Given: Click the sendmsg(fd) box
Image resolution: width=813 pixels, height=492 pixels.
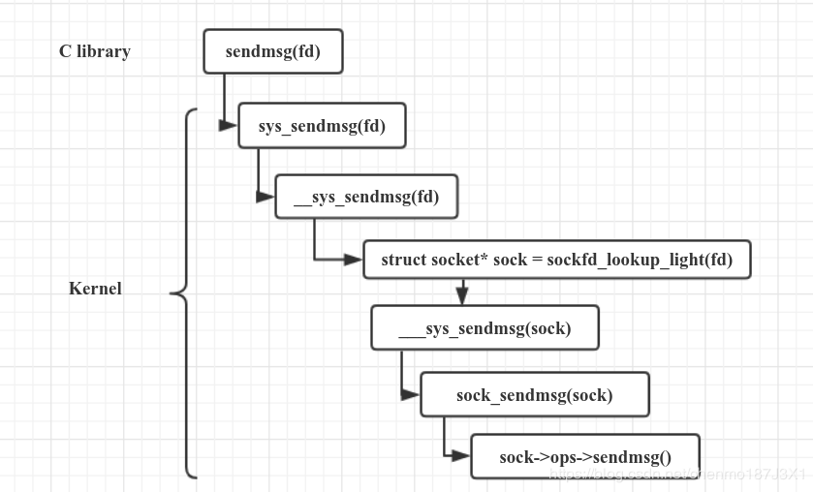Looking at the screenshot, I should [x=272, y=51].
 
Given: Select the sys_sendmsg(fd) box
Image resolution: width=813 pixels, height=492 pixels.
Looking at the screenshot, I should [x=322, y=126].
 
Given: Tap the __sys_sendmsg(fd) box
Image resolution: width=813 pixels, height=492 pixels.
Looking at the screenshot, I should [x=366, y=197].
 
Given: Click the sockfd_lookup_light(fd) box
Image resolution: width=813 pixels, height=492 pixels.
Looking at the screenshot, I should [x=556, y=260].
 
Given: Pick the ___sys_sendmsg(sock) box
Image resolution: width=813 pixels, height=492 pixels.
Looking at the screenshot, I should [x=485, y=328].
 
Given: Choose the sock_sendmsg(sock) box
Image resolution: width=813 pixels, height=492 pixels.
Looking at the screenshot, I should [x=534, y=394].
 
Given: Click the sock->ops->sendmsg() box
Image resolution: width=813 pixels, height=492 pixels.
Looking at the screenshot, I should [x=584, y=456].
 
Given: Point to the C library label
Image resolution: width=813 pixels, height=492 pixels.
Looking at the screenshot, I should [x=94, y=51].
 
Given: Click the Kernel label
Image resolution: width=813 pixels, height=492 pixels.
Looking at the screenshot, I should [x=95, y=288].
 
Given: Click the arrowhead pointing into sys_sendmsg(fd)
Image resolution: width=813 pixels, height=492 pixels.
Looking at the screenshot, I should [x=230, y=125].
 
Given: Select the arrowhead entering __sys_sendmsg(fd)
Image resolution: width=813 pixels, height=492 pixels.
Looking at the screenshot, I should [x=266, y=196].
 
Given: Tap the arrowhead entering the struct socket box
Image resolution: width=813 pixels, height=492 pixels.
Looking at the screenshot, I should [x=355, y=260].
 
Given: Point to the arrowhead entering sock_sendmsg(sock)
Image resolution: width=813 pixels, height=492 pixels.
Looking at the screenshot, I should [x=412, y=394].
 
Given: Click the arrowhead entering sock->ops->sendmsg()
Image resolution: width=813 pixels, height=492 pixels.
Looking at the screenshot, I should [x=462, y=456].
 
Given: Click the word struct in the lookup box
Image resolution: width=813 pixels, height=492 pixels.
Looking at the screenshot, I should [x=404, y=260].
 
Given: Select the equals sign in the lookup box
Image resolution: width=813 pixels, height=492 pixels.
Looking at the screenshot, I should [x=538, y=260].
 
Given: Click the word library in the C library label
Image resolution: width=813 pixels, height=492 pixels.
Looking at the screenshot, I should [x=104, y=51].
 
